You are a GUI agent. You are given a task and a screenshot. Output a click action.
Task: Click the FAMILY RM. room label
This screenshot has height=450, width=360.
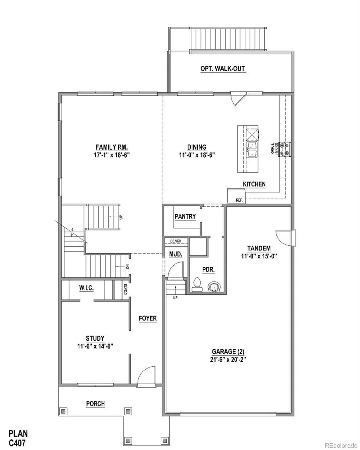112,147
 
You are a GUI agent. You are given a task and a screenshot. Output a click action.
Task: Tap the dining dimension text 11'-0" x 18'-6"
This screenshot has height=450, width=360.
197,155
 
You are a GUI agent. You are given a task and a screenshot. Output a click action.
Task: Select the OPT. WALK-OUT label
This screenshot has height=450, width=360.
222,69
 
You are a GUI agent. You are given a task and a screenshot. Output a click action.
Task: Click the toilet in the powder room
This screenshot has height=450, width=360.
197,285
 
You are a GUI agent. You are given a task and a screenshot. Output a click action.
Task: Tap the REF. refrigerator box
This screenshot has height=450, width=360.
236,196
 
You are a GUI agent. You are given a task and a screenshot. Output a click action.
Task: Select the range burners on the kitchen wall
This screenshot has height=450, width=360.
285,149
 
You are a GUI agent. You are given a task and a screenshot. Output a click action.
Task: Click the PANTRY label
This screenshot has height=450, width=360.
185,216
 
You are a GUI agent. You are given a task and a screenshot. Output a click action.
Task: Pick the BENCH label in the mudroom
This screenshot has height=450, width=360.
176,241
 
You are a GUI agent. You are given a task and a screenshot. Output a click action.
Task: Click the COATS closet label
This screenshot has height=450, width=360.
126,289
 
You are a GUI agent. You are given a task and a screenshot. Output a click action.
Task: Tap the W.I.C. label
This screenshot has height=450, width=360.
86,288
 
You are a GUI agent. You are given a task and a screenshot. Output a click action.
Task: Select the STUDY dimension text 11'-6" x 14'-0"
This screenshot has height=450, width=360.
95,346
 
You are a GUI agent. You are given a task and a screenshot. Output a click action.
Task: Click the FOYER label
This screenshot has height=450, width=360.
148,318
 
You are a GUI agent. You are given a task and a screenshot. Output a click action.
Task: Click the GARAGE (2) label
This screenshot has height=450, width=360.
228,352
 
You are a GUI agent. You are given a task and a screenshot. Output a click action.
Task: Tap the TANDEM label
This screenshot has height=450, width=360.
259,248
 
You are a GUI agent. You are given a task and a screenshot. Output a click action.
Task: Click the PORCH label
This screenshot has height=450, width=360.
96,404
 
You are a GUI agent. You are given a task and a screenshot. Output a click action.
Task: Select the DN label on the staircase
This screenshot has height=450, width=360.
128,266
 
